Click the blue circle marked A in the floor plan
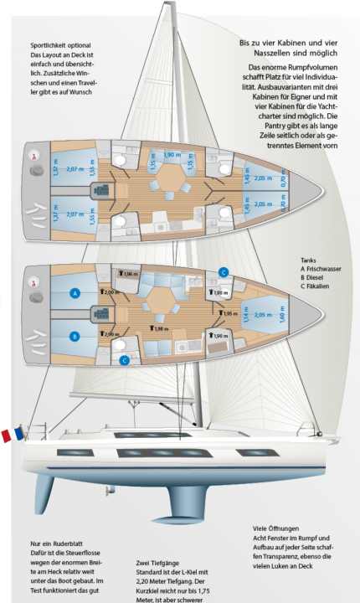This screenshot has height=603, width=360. click(75, 294)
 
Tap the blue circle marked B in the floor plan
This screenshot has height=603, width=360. click(75, 337)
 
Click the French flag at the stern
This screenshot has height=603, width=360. click(12, 435)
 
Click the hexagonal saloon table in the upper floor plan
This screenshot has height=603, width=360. click(172, 178)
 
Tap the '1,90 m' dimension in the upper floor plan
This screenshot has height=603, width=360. click(172, 155)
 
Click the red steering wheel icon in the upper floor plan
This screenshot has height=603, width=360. click(34, 156)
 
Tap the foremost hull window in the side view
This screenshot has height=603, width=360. click(255, 453)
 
